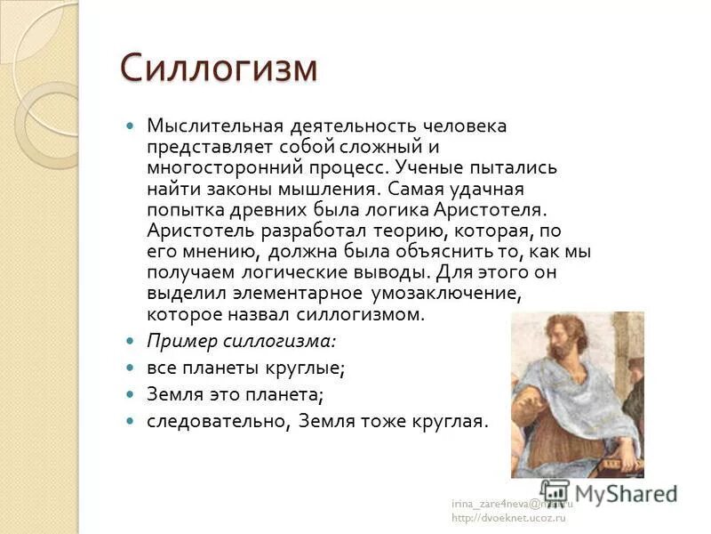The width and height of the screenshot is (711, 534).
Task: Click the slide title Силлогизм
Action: (x=218, y=69)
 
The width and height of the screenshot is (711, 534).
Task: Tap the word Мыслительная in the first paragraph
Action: (x=203, y=125)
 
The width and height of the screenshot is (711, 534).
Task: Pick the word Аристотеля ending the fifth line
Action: (x=488, y=209)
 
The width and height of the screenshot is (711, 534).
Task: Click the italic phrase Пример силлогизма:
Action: (x=241, y=341)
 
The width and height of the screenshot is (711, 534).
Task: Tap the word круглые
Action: (x=303, y=368)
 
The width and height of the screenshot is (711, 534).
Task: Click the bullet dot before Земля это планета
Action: (x=131, y=393)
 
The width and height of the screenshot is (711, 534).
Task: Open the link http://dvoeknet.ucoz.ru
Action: (x=508, y=518)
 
